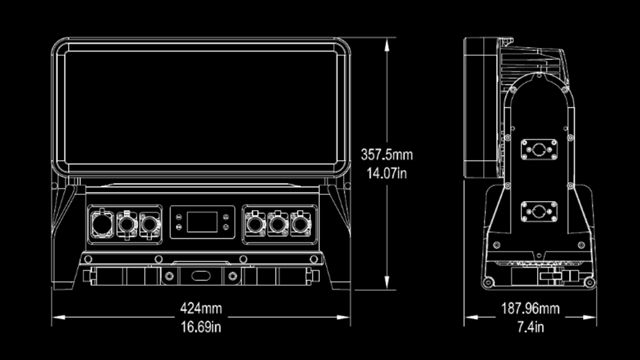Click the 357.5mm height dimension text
click(x=387, y=154)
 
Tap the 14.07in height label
click(x=387, y=173)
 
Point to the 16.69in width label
click(x=201, y=327)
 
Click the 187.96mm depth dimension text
click(x=530, y=308)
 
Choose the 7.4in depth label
click(x=530, y=327)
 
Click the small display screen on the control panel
click(x=202, y=221)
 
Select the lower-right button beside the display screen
click(x=226, y=227)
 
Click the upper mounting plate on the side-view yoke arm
click(x=538, y=149)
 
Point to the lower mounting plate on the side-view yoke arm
click(x=538, y=211)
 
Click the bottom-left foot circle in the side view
click(x=488, y=282)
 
